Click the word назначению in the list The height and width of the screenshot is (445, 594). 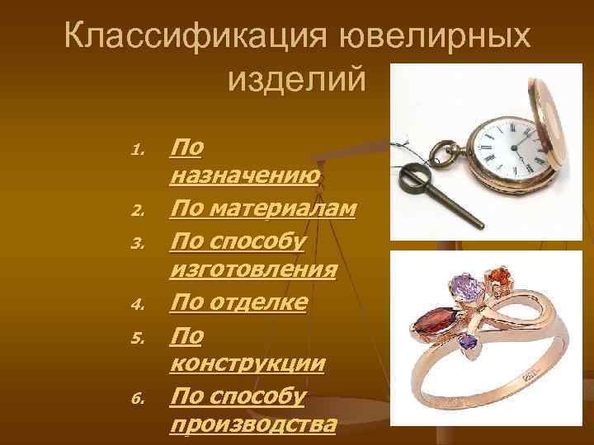click(x=245, y=176)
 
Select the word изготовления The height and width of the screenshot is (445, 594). click(x=252, y=269)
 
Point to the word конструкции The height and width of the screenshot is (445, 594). click(x=246, y=364)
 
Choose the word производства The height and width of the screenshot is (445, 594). click(x=252, y=425)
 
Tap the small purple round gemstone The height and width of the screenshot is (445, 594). click(x=469, y=340)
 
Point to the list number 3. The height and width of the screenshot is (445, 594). click(x=138, y=243)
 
